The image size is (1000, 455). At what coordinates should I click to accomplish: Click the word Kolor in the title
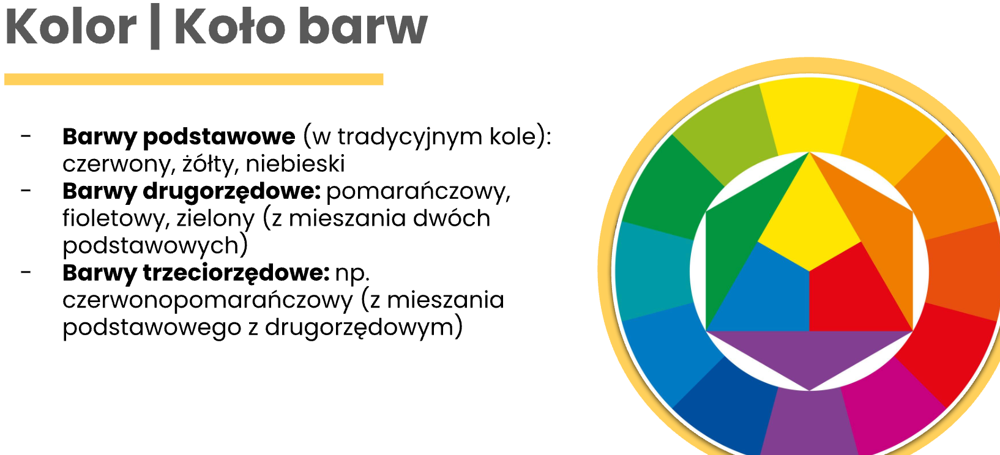coord(70,27)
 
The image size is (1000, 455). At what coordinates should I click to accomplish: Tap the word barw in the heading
coord(363,27)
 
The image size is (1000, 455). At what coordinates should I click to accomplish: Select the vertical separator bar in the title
coord(155,27)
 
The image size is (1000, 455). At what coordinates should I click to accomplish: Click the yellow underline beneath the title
coord(194,79)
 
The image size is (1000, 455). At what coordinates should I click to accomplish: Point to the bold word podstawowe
coord(218,137)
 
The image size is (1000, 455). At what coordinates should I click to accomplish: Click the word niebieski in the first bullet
coord(295,164)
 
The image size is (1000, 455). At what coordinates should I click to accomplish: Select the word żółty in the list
coord(209,164)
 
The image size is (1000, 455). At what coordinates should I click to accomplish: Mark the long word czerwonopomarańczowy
coord(207,300)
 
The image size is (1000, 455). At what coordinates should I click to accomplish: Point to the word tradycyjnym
coord(409,137)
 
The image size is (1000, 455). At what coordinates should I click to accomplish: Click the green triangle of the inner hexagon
coord(737,232)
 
